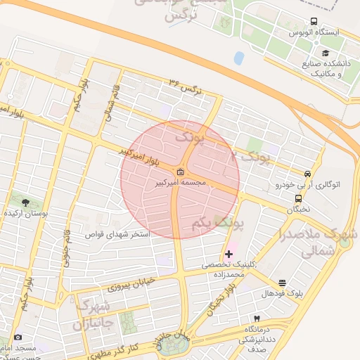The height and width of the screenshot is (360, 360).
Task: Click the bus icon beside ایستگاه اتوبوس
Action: pos(314,22)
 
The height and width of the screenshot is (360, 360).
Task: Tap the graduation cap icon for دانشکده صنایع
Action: pos(325,53)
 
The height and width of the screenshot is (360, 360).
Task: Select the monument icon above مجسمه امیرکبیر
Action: pos(181,172)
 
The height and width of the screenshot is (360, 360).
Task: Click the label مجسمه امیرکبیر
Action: pos(181,182)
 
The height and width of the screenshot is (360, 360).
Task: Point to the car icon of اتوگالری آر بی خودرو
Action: pos(307,174)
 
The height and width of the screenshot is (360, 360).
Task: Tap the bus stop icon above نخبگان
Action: pos(298,198)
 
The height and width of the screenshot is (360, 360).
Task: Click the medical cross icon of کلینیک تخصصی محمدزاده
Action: pos(229,253)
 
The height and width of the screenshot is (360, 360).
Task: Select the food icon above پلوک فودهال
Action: pos(283,282)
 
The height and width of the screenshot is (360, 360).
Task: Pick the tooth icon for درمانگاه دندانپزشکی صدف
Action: pos(257,319)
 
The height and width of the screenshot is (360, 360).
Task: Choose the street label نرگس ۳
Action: pos(181,85)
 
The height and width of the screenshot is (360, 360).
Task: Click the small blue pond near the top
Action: pos(239,58)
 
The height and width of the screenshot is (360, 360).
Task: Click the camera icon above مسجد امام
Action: pos(18,337)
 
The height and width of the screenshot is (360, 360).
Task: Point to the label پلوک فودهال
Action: pos(283,292)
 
